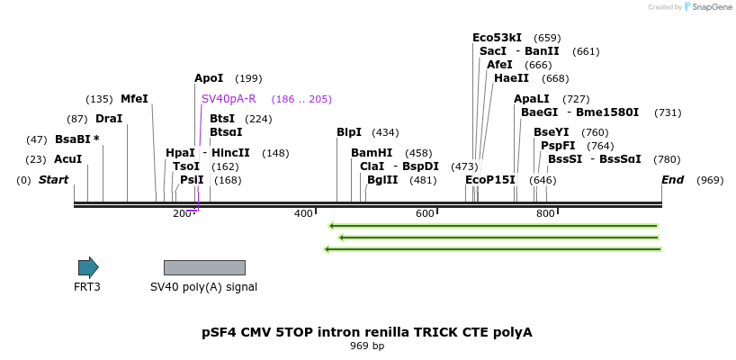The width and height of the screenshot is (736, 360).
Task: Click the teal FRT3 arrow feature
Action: pyautogui.click(x=88, y=267)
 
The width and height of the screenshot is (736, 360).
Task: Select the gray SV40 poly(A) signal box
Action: pyautogui.click(x=204, y=267)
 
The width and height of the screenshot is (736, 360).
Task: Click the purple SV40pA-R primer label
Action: pyautogui.click(x=229, y=99)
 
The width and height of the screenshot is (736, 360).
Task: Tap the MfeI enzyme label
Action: pyautogui.click(x=134, y=99)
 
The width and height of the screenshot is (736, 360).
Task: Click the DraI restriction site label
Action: pyautogui.click(x=109, y=119)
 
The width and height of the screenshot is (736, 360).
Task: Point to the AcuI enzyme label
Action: pyautogui.click(x=67, y=159)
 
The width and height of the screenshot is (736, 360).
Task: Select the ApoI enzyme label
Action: pyautogui.click(x=209, y=78)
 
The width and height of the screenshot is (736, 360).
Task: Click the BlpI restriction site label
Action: pyautogui.click(x=349, y=132)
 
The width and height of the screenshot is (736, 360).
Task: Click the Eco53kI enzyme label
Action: pyautogui.click(x=497, y=38)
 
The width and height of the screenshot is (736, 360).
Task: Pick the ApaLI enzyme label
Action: pyautogui.click(x=531, y=99)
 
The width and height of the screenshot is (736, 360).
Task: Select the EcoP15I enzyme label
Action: pyautogui.click(x=490, y=180)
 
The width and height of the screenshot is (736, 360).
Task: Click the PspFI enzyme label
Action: pyautogui.click(x=558, y=146)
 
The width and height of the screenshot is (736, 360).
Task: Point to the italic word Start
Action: pyautogui.click(x=53, y=180)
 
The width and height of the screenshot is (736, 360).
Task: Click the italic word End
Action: pyautogui.click(x=672, y=180)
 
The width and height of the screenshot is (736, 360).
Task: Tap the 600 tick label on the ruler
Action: pyautogui.click(x=425, y=213)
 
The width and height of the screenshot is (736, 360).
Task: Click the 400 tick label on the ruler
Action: pyautogui.click(x=303, y=213)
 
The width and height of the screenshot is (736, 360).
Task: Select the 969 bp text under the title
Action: pyautogui.click(x=367, y=346)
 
